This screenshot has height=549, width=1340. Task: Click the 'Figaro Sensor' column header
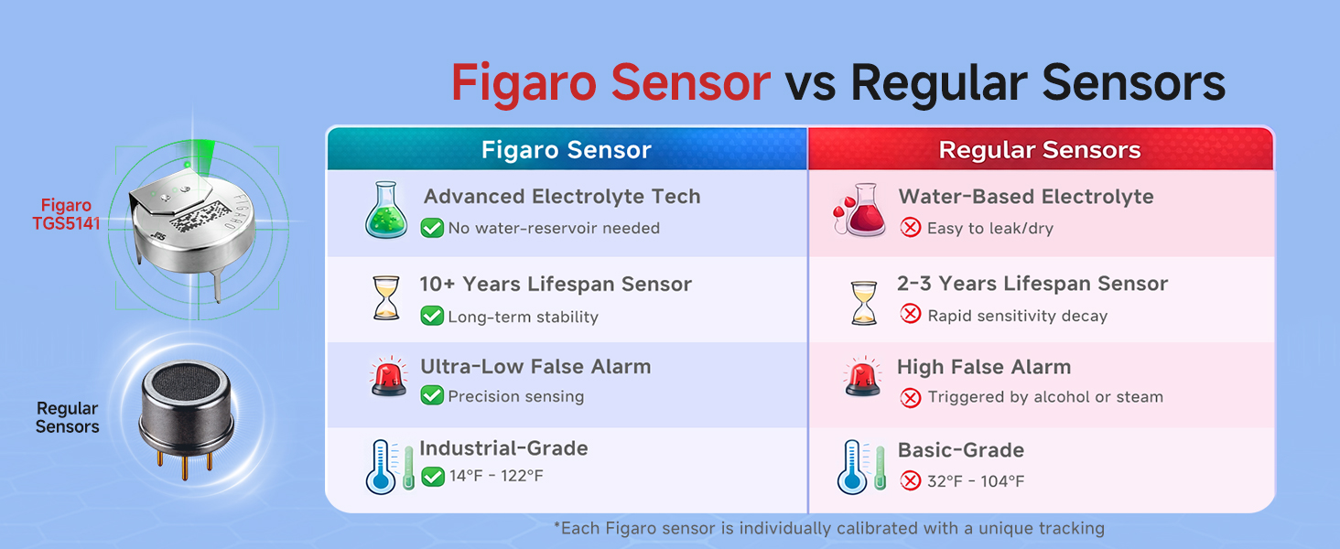click(567, 150)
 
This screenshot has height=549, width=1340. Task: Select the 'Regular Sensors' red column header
click(1040, 150)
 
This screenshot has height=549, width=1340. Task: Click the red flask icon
click(860, 210)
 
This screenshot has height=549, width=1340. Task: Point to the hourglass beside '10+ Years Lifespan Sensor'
click(387, 298)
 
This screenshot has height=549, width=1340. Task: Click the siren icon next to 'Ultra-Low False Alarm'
click(389, 378)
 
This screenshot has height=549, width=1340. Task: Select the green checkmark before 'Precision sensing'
click(432, 396)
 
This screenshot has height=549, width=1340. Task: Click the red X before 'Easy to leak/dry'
click(910, 228)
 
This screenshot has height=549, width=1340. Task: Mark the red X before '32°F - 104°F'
click(910, 481)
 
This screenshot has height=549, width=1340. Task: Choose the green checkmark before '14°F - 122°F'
click(432, 477)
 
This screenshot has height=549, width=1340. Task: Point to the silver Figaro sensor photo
click(192, 229)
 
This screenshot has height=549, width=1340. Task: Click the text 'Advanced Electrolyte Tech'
click(561, 197)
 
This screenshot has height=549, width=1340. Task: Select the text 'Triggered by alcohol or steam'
click(1044, 397)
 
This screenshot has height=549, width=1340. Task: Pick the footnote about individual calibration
click(828, 528)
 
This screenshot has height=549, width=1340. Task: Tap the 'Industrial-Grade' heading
click(503, 448)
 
